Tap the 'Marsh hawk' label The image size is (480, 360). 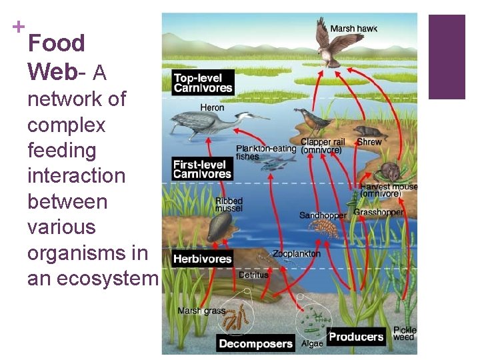[353, 28]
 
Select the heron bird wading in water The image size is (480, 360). [200, 123]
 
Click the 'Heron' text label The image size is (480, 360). [213, 107]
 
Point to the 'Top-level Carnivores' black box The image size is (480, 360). [203, 83]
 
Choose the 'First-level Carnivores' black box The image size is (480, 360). [203, 169]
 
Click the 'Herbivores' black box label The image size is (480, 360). [203, 259]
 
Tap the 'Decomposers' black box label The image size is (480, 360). [256, 344]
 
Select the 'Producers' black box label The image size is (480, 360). [356, 337]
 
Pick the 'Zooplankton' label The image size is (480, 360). [296, 254]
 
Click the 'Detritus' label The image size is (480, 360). [253, 275]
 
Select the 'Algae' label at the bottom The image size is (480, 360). [312, 344]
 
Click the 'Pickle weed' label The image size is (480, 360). [405, 333]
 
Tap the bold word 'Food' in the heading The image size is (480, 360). [57, 43]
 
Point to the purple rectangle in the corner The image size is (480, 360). [447, 57]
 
